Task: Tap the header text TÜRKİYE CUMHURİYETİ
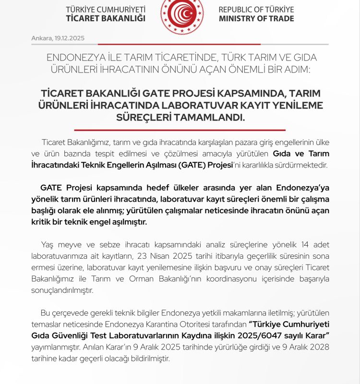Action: (106, 10)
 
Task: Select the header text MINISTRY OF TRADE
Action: (256, 19)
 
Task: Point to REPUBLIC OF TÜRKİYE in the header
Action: (256, 10)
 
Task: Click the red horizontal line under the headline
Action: (180, 130)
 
